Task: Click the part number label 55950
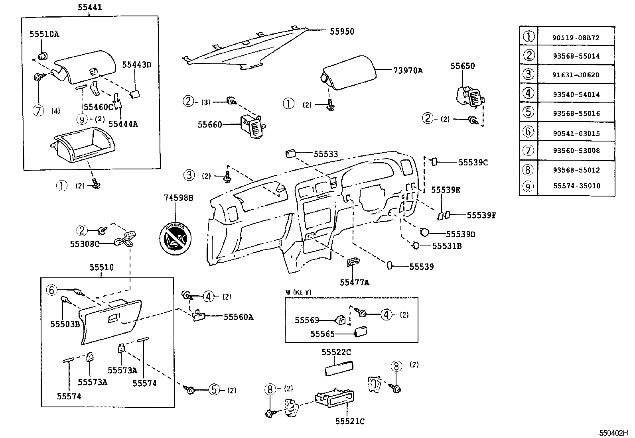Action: [x=342, y=31]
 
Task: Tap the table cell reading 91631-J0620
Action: [x=576, y=75]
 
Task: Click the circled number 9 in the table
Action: [x=528, y=186]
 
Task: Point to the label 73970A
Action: [x=408, y=71]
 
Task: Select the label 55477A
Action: [x=354, y=283]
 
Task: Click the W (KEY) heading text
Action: [x=298, y=292]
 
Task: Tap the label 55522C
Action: [x=336, y=352]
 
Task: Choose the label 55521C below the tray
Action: [x=350, y=421]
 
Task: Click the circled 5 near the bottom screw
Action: [x=215, y=390]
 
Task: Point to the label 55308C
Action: [x=85, y=244]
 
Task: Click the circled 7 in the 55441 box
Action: [x=38, y=110]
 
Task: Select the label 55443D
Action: [x=137, y=65]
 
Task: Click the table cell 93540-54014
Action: [x=576, y=94]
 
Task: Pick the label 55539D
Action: [x=460, y=234]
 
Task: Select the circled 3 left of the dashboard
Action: [x=189, y=175]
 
